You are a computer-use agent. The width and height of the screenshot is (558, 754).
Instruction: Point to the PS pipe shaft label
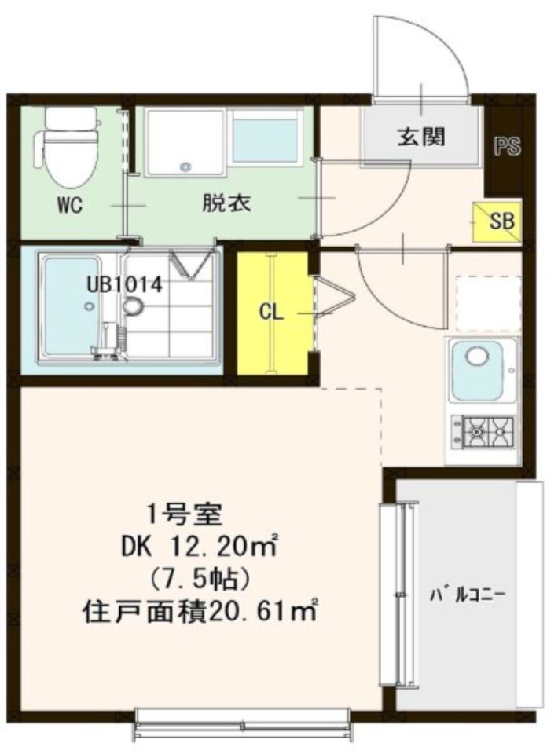tap(508, 147)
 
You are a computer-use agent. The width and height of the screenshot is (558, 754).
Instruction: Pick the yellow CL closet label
tap(271, 312)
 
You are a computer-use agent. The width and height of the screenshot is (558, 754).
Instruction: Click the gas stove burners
tap(483, 430)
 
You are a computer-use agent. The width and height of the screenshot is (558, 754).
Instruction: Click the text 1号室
tap(186, 516)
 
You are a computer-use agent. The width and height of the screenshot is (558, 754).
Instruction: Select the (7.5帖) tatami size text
tap(200, 579)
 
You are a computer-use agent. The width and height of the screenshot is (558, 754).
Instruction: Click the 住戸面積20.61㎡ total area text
tap(200, 610)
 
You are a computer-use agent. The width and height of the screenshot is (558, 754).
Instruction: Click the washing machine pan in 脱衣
tap(185, 141)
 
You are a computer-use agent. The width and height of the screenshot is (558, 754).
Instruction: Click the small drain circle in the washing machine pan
tap(185, 167)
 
